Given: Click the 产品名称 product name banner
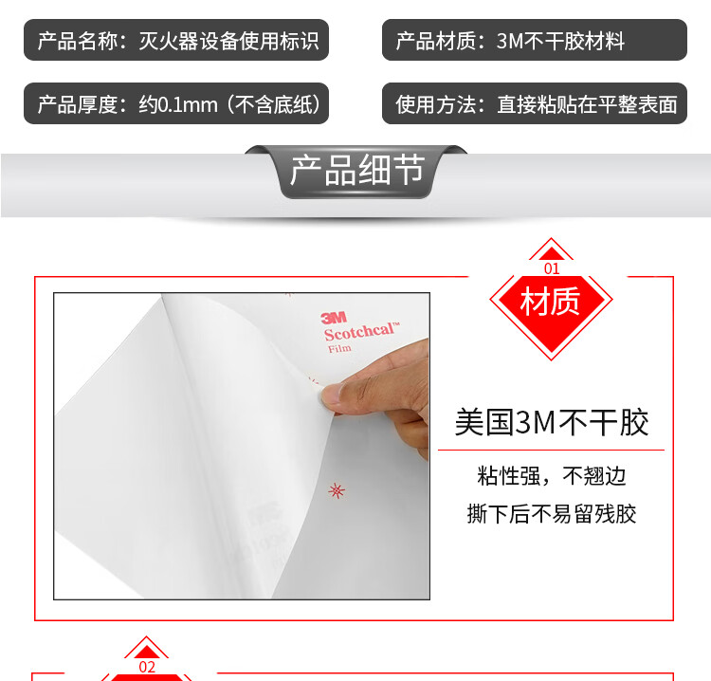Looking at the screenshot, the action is coord(176,40).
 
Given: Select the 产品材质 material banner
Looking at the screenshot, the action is coord(534,40).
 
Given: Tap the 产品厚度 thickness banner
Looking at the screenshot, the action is coord(176,103).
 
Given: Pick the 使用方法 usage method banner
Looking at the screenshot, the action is coord(534,103).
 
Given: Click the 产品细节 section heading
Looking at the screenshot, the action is coord(357,170).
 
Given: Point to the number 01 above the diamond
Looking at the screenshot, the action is coord(552,268).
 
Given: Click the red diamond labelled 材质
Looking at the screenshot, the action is coord(551,302).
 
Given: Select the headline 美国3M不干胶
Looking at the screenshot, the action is coord(552,422).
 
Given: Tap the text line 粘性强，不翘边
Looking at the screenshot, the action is coord(552,476).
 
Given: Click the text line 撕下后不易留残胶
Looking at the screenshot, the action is coord(552,514).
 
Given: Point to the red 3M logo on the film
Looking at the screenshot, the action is coord(334,318).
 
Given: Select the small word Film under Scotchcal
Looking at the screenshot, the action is coord(339,348).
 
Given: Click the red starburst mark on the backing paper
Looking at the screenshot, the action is coord(336,490).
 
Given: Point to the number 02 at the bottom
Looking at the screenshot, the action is coord(147,667).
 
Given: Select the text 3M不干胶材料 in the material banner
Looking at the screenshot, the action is coord(560,41).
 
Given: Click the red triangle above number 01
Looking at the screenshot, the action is coord(552,253).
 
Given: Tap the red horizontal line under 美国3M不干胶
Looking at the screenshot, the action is coord(551,451).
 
